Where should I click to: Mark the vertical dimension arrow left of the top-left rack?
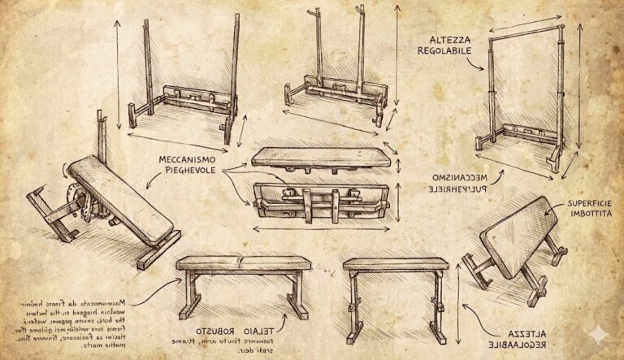[x=119, y=73]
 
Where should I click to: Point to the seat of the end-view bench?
[x=396, y=264]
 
